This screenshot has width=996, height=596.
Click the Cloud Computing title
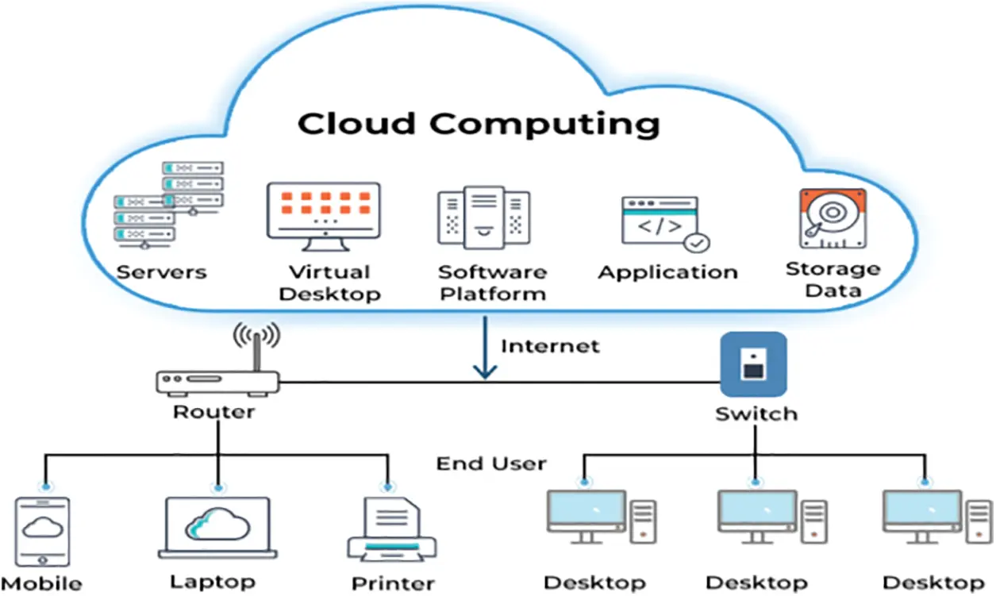(479, 125)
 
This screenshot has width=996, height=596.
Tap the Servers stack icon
(168, 205)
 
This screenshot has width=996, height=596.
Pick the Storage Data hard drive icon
(832, 217)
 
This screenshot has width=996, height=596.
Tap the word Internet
(550, 346)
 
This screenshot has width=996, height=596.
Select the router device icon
(217, 383)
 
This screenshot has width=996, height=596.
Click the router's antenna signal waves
(256, 334)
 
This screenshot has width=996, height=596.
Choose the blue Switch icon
(753, 364)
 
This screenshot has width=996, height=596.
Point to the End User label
(491, 463)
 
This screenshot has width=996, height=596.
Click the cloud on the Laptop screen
(217, 525)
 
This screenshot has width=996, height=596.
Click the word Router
(214, 412)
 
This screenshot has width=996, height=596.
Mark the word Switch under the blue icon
(756, 413)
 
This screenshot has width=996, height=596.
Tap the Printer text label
(393, 583)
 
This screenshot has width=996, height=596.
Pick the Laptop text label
(213, 582)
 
